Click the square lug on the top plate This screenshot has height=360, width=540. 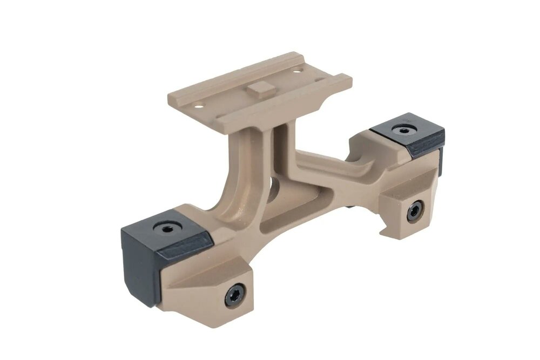tap(259, 89)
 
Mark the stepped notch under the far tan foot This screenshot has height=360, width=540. tap(389, 229)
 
